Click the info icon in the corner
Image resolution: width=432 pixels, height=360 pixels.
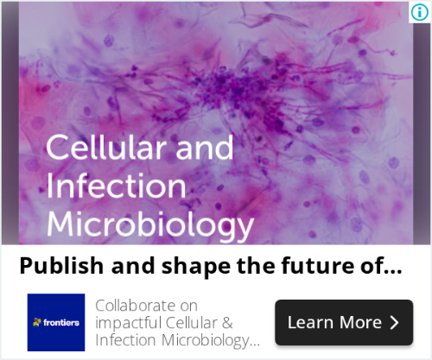[419, 12]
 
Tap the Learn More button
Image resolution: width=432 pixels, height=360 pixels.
[344, 322]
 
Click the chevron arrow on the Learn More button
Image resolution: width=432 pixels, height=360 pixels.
[395, 323]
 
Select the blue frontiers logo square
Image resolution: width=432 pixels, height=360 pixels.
[56, 322]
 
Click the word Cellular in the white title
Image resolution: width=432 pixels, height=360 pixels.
[106, 148]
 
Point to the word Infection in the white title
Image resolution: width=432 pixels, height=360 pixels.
[116, 186]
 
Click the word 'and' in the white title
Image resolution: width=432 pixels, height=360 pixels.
[205, 148]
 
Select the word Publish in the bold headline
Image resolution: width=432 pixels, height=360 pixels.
[61, 266]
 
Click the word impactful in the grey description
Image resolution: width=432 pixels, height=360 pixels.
[128, 323]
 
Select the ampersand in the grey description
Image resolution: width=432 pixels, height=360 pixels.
[227, 323]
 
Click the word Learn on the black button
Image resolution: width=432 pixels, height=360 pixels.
[310, 322]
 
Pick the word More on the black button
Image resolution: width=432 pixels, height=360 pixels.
[360, 322]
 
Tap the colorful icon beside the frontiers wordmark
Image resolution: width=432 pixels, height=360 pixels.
[37, 322]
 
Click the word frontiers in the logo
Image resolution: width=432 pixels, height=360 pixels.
[61, 323]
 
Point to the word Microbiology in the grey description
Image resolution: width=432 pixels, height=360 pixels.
[206, 341]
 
